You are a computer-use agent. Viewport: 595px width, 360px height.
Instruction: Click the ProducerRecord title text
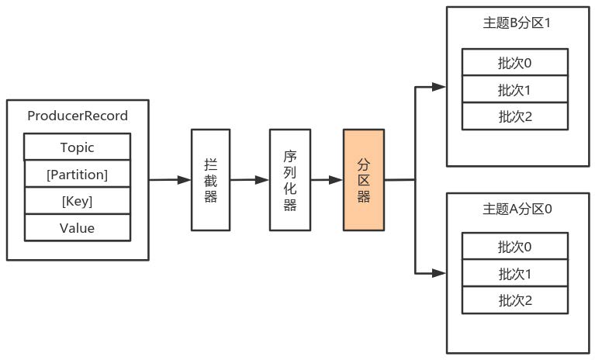click(x=77, y=116)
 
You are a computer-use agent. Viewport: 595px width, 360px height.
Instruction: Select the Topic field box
click(x=77, y=147)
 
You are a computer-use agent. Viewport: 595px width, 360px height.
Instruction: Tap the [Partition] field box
click(x=77, y=175)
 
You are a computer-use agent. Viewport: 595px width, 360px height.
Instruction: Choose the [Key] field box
click(x=77, y=201)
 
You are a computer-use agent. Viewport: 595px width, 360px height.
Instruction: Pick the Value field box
click(x=77, y=227)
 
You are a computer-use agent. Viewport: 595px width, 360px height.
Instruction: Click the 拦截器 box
click(x=211, y=179)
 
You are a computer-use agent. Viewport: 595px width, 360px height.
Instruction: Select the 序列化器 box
click(x=289, y=179)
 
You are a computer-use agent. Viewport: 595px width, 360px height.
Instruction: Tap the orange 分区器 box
click(x=364, y=179)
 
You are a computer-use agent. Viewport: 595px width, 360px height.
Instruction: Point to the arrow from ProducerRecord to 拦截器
click(x=170, y=180)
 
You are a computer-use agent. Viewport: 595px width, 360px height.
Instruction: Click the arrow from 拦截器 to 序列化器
click(x=250, y=180)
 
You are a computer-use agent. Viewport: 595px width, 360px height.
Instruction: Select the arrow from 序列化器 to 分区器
click(x=326, y=180)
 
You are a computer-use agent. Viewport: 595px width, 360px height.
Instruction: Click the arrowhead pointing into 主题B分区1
click(x=440, y=87)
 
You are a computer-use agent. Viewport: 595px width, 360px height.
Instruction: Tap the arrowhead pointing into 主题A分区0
click(x=440, y=272)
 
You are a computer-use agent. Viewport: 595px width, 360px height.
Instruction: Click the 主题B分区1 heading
click(x=516, y=22)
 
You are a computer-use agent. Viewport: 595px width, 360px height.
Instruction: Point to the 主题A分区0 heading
click(x=516, y=209)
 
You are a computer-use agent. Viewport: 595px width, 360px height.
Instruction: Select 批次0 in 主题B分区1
click(x=515, y=62)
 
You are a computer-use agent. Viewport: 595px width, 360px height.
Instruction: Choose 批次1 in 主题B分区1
click(x=515, y=89)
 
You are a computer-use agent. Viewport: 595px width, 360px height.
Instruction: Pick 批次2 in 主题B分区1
click(x=515, y=116)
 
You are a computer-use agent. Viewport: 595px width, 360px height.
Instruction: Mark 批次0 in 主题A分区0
click(x=515, y=247)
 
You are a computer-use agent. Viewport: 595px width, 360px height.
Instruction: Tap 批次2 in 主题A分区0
click(x=515, y=300)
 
